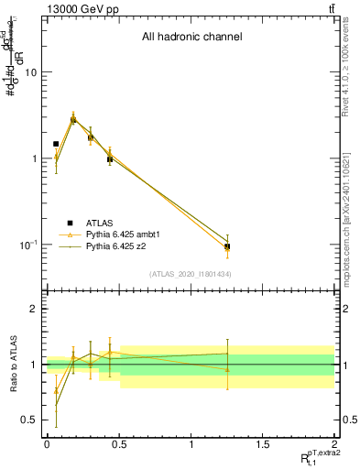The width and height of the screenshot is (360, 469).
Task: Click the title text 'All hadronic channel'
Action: tap(191, 38)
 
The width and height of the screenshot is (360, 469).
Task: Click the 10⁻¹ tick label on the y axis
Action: tap(27, 245)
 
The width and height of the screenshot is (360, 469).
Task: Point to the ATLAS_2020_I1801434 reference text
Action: tap(191, 274)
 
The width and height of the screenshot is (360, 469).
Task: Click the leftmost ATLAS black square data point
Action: tap(56, 144)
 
